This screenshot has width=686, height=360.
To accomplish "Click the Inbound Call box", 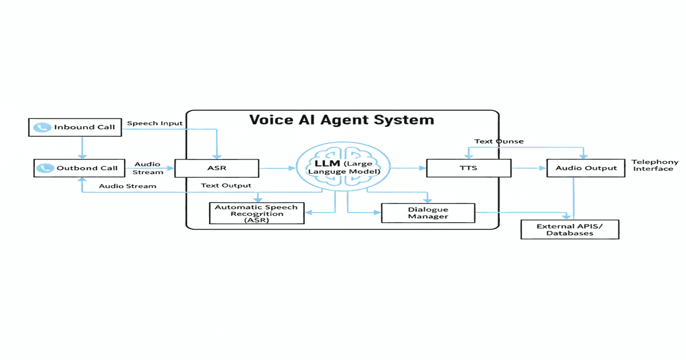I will (75, 127).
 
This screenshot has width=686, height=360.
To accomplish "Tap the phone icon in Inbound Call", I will (42, 127).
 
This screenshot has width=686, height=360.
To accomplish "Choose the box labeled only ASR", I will (217, 169).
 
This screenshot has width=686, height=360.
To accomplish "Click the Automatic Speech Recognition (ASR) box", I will (256, 214).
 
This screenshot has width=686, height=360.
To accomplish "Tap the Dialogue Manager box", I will (428, 213).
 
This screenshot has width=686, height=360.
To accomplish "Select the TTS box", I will (468, 169).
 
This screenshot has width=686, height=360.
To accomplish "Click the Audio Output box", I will (585, 168).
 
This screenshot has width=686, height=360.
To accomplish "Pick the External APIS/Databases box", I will (569, 230).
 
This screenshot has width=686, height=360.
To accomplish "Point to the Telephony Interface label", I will (655, 166).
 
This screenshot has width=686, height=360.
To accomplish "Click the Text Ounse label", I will (498, 141).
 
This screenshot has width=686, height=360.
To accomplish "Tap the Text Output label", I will (226, 186).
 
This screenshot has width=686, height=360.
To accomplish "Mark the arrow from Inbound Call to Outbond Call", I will (82, 147).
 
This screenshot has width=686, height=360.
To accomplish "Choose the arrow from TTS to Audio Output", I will (529, 169).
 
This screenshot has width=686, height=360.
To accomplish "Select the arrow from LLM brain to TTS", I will (408, 169).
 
